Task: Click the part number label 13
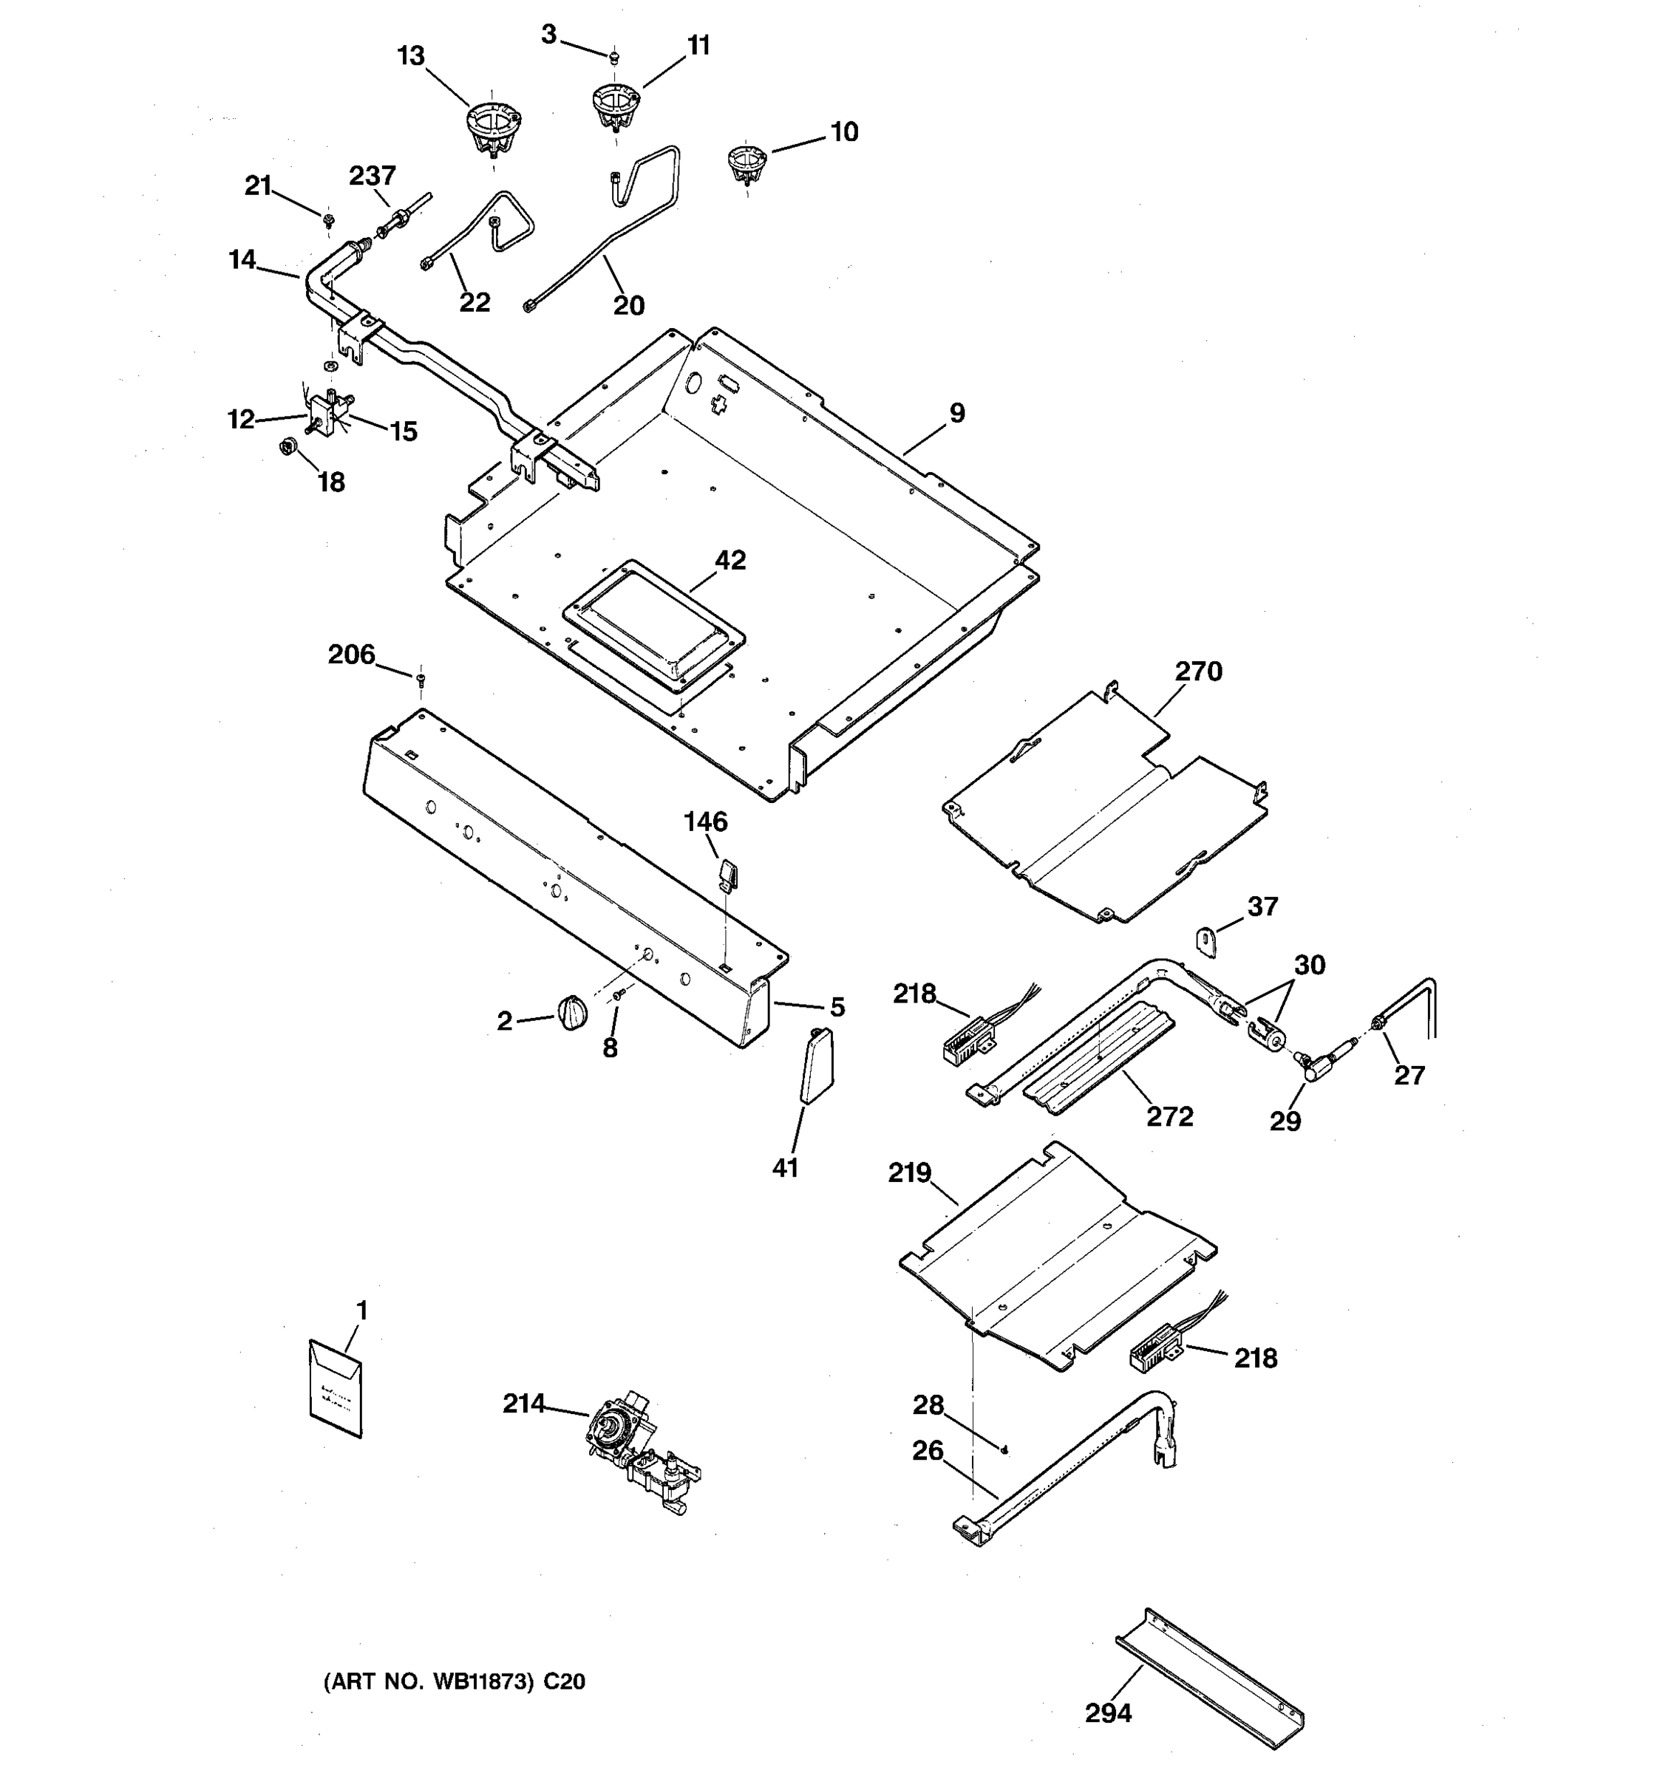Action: [410, 56]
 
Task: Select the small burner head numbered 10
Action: [747, 163]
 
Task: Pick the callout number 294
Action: [1108, 1713]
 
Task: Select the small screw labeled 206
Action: [421, 680]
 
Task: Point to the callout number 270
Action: [1197, 672]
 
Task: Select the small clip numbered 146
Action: [727, 874]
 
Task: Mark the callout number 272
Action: [1169, 1116]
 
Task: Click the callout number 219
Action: [909, 1173]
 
